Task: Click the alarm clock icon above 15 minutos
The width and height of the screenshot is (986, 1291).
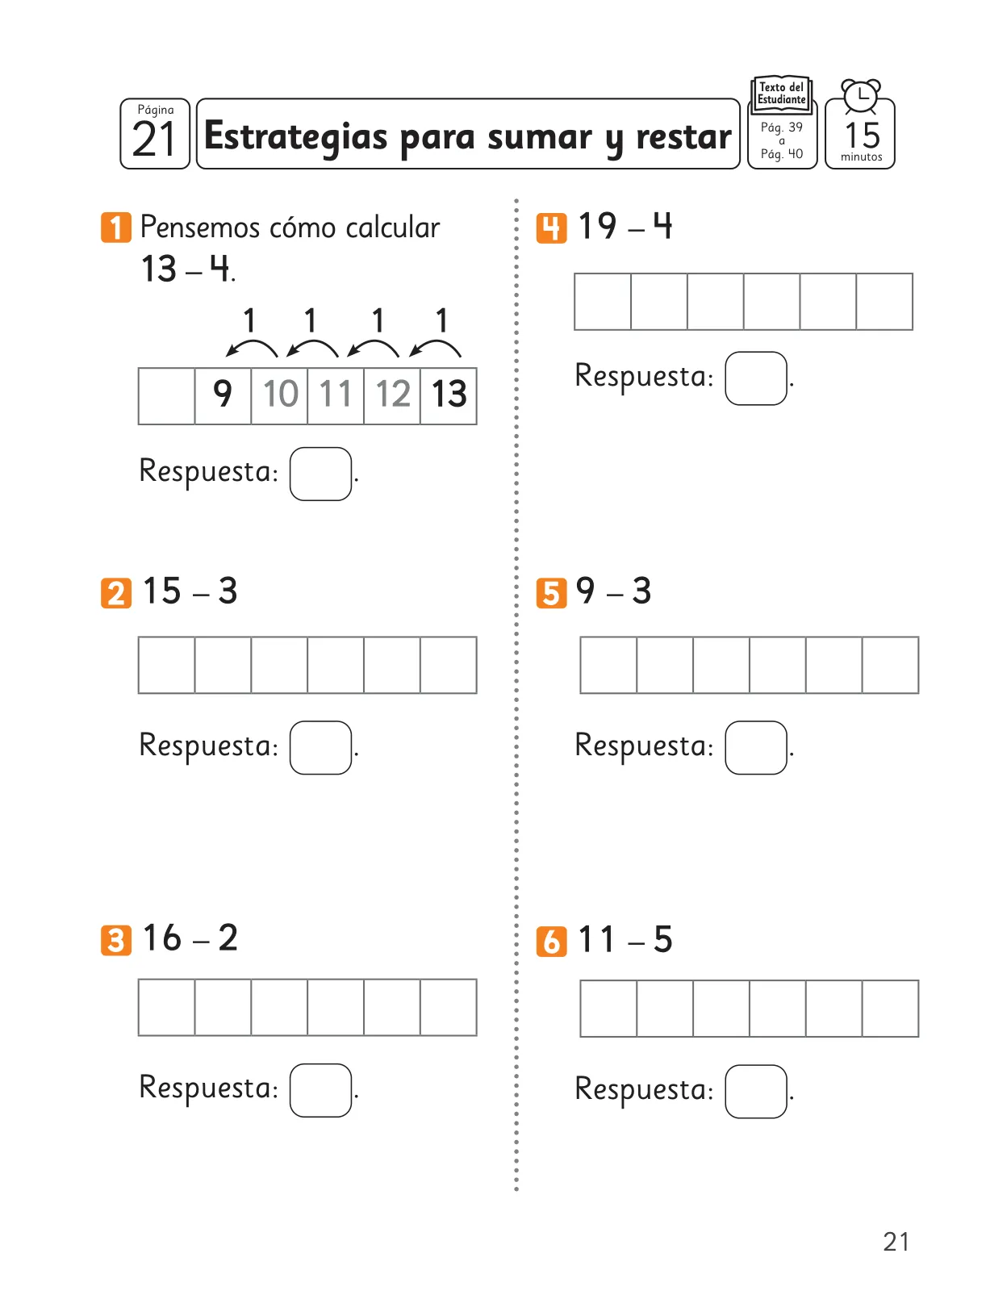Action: pos(860,96)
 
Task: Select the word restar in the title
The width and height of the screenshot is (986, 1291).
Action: pos(683,136)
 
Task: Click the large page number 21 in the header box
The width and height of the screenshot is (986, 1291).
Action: pos(154,139)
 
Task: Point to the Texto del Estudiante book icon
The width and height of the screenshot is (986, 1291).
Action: pos(781,94)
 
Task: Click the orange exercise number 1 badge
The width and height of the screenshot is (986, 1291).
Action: pos(116,227)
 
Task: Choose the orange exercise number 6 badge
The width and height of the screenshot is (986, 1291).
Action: pos(551,942)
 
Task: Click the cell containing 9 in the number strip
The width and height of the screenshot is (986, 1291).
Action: pos(223,395)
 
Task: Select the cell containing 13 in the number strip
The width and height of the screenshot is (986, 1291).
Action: pos(449,395)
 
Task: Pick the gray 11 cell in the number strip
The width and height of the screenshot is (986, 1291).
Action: pos(336,395)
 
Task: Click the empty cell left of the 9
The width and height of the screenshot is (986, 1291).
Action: pos(166,395)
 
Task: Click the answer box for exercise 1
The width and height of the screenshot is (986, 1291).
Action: pos(320,474)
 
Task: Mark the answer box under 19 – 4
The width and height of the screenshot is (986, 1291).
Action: pos(755,378)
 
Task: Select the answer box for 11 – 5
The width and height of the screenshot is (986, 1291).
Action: pos(755,1091)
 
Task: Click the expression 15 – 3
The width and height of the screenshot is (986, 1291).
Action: pos(190,591)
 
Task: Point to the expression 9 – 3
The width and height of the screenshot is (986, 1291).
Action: pos(613,591)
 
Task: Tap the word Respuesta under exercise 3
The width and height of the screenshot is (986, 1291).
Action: pos(209,1088)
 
